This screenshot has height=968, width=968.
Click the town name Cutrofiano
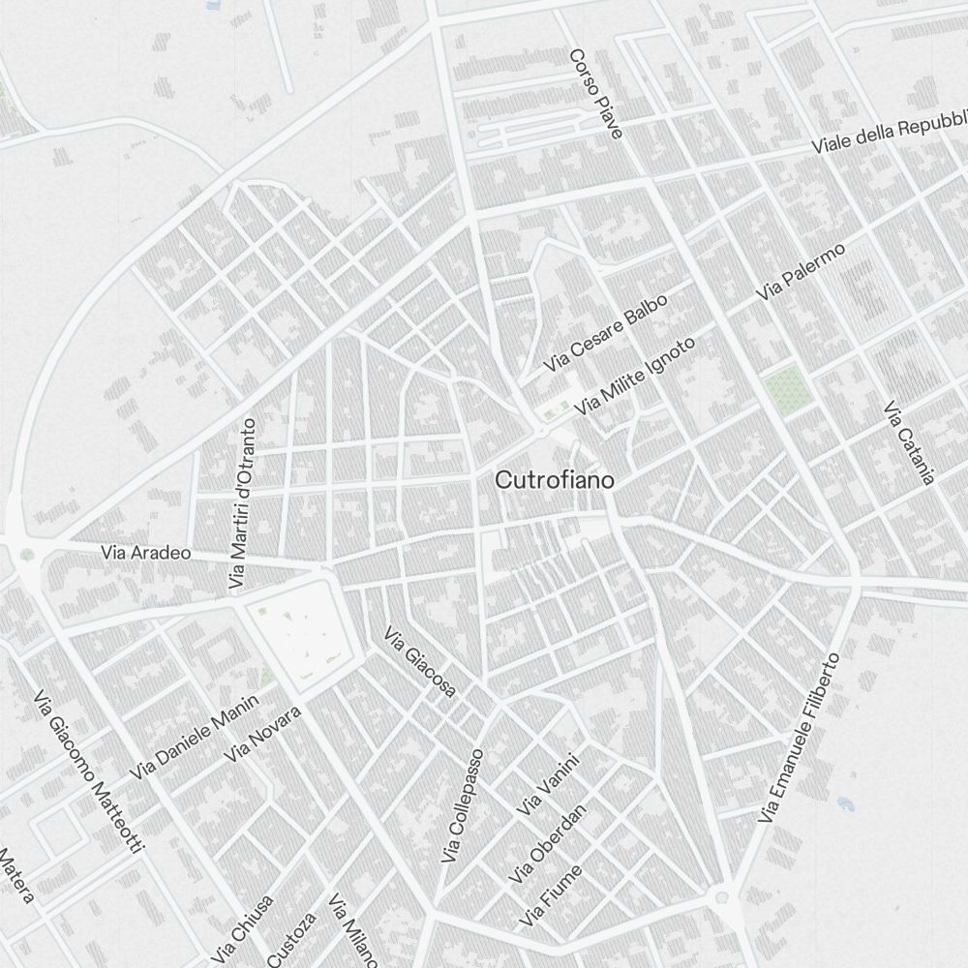coord(554,480)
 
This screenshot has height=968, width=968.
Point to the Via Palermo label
coord(802,271)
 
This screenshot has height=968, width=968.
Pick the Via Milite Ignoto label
coord(634,377)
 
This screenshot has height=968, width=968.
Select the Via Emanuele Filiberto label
coord(799,738)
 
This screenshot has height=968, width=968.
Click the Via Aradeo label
coord(146,553)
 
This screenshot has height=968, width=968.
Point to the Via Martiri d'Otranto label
coord(242,503)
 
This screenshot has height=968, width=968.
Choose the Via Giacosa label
coord(420,662)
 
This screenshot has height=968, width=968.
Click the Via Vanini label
coord(549,784)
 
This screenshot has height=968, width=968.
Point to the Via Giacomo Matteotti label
coord(88,771)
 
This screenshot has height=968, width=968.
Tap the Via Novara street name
coord(263,733)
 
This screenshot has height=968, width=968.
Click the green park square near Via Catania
coord(787,388)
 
